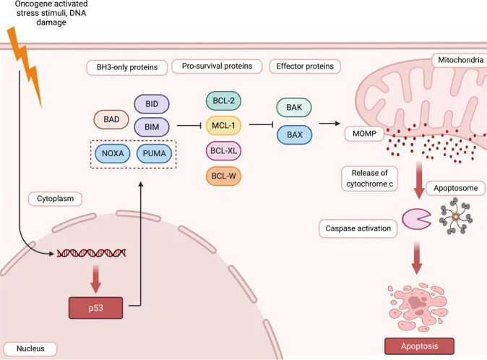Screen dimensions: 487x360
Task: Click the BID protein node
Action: pyautogui.click(x=152, y=104)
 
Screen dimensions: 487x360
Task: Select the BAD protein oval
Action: pyautogui.click(x=111, y=119)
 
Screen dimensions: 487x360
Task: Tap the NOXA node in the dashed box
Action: pyautogui.click(x=113, y=153)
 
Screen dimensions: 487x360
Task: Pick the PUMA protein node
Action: pyautogui.click(x=154, y=153)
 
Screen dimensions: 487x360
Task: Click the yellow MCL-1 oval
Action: pyautogui.click(x=223, y=126)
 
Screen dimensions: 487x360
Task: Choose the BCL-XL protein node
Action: pyautogui.click(x=223, y=150)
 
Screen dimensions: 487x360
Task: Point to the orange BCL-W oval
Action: pyautogui.click(x=223, y=176)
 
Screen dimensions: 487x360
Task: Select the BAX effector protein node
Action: pyautogui.click(x=294, y=134)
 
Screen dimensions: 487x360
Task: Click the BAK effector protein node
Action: pyautogui.click(x=294, y=108)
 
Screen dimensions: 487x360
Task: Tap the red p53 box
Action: pyautogui.click(x=95, y=308)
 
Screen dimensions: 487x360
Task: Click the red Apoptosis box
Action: pyautogui.click(x=419, y=346)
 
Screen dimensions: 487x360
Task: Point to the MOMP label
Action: pyautogui.click(x=364, y=134)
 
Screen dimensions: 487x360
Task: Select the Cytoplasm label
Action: pyautogui.click(x=56, y=199)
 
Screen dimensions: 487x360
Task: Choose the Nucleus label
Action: pyautogui.click(x=30, y=348)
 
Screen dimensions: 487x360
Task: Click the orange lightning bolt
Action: pyautogui.click(x=25, y=67)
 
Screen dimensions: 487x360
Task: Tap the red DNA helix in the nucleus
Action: pyautogui.click(x=91, y=254)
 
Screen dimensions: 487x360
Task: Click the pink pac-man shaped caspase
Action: pyautogui.click(x=415, y=219)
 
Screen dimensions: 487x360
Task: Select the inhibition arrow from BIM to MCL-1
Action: pyautogui.click(x=189, y=126)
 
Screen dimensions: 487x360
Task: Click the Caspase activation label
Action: pyautogui.click(x=358, y=228)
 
